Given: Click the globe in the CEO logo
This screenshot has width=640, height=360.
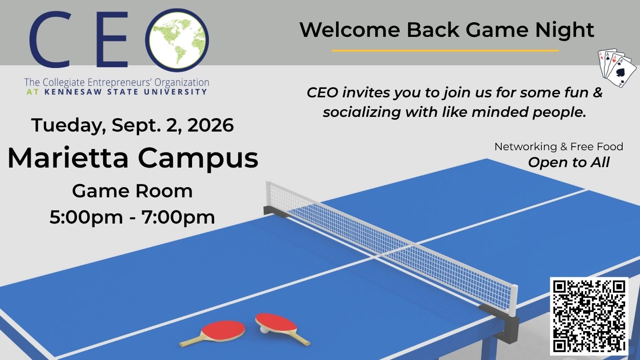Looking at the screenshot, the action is pyautogui.click(x=177, y=40).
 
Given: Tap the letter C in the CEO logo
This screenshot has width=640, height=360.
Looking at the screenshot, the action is pyautogui.click(x=50, y=40).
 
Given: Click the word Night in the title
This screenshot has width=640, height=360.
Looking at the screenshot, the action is pyautogui.click(x=565, y=30).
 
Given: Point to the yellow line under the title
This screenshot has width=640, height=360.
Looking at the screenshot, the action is pyautogui.click(x=445, y=51).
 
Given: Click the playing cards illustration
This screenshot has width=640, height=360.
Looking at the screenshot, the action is pyautogui.click(x=616, y=68).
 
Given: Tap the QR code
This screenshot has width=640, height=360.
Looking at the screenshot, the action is pyautogui.click(x=589, y=316).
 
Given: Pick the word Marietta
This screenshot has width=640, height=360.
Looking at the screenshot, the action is pyautogui.click(x=68, y=158).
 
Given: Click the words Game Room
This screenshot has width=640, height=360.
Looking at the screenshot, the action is pyautogui.click(x=132, y=191).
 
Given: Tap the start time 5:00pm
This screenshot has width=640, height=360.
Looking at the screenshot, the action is pyautogui.click(x=86, y=217).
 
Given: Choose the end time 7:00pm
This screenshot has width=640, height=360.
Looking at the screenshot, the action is pyautogui.click(x=178, y=217).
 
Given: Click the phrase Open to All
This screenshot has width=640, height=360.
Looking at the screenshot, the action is pyautogui.click(x=568, y=163).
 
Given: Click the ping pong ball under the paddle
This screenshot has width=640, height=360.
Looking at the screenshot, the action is pyautogui.click(x=264, y=330).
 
